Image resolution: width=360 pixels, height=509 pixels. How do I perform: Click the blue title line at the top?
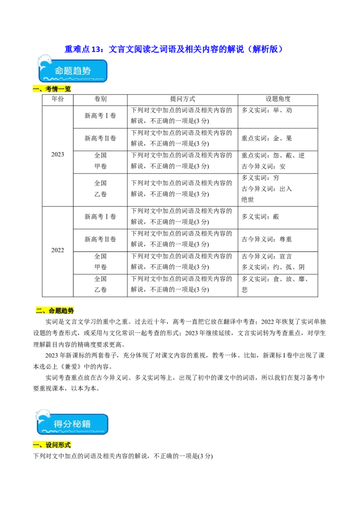tap(173, 49)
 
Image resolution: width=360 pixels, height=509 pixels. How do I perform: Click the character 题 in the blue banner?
tap(70, 71)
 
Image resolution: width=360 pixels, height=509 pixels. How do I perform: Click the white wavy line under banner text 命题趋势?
tap(74, 80)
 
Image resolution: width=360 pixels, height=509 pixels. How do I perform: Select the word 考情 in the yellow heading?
tap(52, 89)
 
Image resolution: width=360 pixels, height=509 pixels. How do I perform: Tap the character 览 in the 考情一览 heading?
tap(68, 89)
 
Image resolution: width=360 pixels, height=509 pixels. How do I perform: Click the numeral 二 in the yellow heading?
tap(39, 311)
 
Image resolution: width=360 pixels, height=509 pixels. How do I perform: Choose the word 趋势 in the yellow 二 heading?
tap(67, 311)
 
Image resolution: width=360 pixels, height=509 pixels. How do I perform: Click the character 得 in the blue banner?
tap(58, 424)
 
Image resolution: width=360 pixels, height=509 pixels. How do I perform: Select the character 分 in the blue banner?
tap(69, 424)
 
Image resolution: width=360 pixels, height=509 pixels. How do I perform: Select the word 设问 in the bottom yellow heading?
tap(52, 445)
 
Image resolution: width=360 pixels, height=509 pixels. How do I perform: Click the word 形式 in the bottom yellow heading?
tap(65, 445)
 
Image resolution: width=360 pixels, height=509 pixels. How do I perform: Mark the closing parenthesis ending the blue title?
tap(281, 49)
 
